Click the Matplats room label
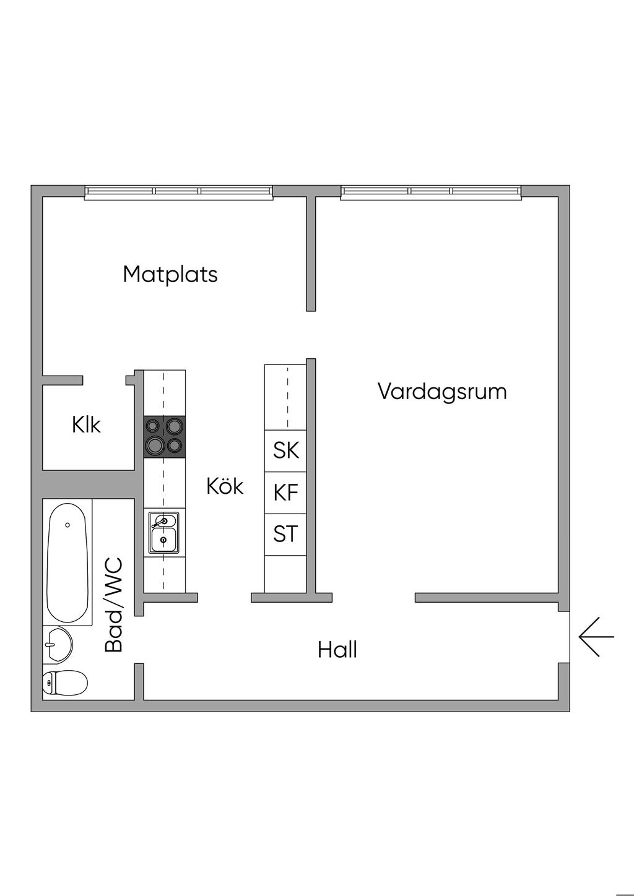[170, 274]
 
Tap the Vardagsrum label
[442, 391]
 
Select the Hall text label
[337, 650]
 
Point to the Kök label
[225, 486]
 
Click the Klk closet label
[86, 425]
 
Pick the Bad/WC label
[115, 605]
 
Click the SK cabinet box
[285, 450]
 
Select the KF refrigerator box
[285, 493]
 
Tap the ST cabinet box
[285, 534]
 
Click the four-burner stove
[164, 436]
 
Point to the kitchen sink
[163, 532]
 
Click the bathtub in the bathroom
[67, 562]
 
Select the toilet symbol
[64, 683]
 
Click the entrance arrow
[596, 636]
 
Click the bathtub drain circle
[67, 525]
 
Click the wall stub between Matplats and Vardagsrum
[311, 254]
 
